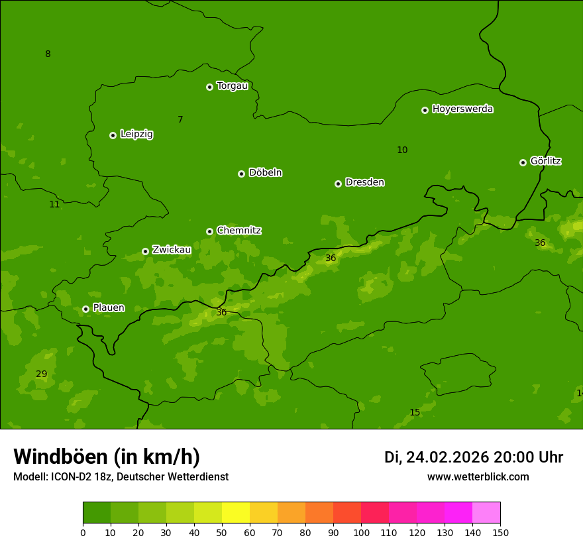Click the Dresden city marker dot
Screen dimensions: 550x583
point(338,184)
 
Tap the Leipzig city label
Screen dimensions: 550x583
point(136,135)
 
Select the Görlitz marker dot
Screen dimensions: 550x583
point(523,162)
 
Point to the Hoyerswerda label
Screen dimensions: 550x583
point(462,109)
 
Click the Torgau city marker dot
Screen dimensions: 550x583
point(209,87)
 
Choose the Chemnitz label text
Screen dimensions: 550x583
point(238,231)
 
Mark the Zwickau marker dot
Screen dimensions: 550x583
point(145,251)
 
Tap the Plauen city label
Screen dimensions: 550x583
point(109,308)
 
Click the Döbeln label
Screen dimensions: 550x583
point(265,173)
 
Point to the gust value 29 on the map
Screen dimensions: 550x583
point(41,374)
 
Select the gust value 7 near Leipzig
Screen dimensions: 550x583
point(180,120)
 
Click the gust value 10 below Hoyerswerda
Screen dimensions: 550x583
point(402,150)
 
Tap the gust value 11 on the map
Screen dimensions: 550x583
point(54,205)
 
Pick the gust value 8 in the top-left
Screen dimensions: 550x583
point(48,54)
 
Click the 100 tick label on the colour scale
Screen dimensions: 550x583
point(361,533)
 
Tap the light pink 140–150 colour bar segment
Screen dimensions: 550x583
point(486,512)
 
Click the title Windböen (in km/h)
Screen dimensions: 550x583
point(107,457)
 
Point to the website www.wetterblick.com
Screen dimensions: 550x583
point(478,477)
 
